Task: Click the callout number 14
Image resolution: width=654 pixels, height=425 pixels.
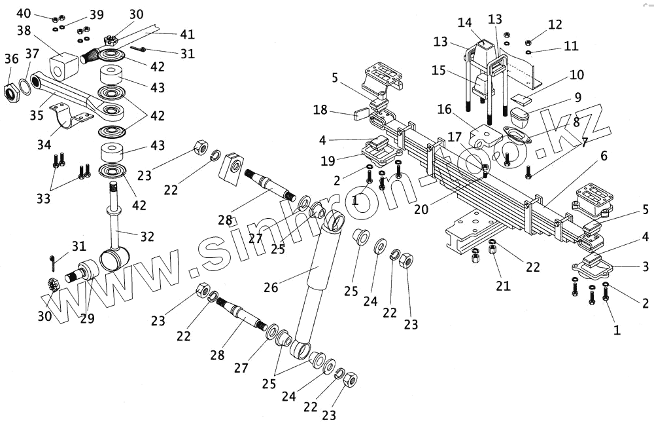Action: coord(465,22)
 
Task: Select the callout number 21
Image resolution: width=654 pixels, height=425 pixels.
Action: coord(502,286)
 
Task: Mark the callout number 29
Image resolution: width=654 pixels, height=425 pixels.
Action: coord(87,319)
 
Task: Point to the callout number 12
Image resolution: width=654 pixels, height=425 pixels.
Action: coord(555,25)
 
